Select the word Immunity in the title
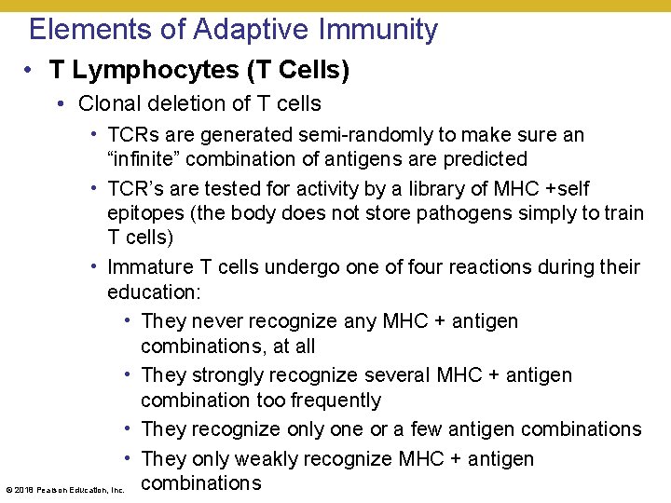click(378, 30)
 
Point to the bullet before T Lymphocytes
click(33, 71)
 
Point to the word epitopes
click(144, 213)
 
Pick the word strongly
click(226, 375)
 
